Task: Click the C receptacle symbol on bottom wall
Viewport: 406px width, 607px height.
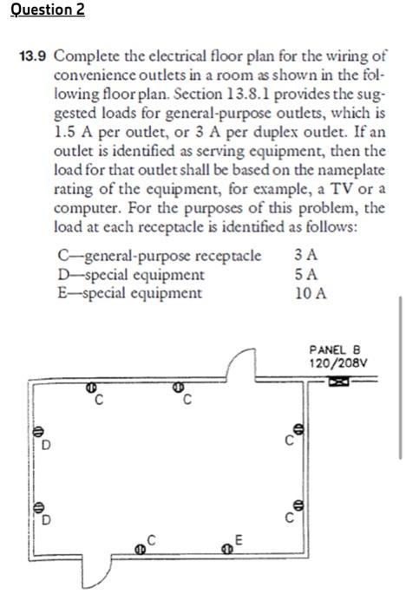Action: pos(139,548)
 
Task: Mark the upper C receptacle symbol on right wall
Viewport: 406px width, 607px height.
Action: pos(299,429)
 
